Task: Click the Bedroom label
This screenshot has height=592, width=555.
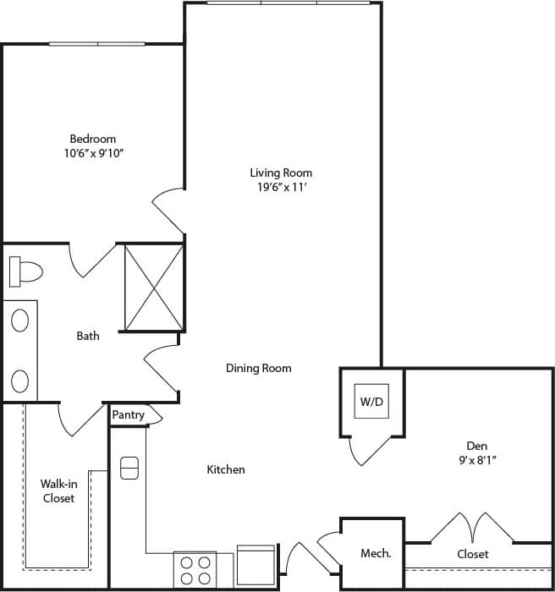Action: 92,139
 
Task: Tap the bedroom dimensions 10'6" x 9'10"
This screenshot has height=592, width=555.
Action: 92,153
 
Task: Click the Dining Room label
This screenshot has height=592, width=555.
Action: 258,368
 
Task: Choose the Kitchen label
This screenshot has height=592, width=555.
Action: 226,469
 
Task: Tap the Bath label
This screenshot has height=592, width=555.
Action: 88,336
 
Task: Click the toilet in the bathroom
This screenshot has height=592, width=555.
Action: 25,271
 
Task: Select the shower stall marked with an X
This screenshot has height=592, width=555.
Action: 153,287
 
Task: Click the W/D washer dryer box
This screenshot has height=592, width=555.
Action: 371,402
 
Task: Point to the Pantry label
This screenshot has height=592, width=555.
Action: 128,415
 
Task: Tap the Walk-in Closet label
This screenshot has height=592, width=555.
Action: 58,491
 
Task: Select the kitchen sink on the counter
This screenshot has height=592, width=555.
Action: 129,468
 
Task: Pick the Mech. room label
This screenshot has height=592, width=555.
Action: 376,554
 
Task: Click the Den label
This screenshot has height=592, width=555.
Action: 476,446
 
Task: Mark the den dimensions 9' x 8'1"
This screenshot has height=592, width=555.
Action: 476,460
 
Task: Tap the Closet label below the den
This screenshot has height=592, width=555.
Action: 472,554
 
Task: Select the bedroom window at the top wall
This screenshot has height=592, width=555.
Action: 97,43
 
